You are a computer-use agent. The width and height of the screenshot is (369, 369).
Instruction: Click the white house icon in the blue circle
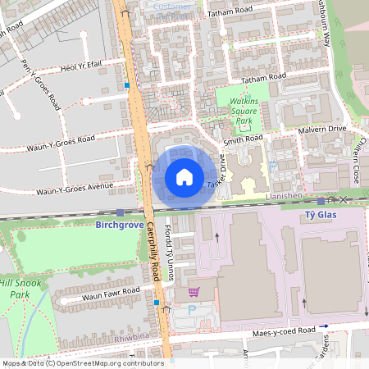click(184, 176)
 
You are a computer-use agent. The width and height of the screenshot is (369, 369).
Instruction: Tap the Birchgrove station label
click(120, 223)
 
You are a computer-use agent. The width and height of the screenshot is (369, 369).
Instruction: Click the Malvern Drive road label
click(324, 129)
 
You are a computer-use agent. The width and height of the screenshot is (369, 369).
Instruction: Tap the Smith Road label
click(243, 140)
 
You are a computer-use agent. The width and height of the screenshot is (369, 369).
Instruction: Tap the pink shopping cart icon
click(194, 292)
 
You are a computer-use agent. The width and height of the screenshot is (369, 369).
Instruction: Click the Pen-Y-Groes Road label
click(43, 84)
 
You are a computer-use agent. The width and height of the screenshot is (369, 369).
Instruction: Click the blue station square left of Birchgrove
click(120, 212)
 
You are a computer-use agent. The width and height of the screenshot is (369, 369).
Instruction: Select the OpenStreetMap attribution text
click(82, 362)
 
